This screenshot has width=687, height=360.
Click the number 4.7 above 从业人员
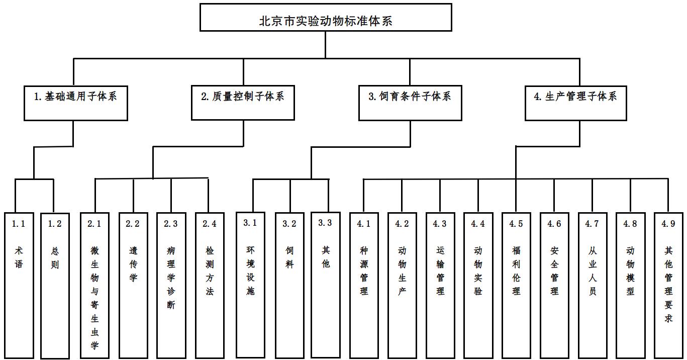tap(593, 224)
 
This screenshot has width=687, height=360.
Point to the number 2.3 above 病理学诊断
tap(171, 224)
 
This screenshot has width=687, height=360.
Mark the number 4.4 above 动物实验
tap(478, 224)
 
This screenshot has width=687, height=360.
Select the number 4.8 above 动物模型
tap(630, 224)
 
